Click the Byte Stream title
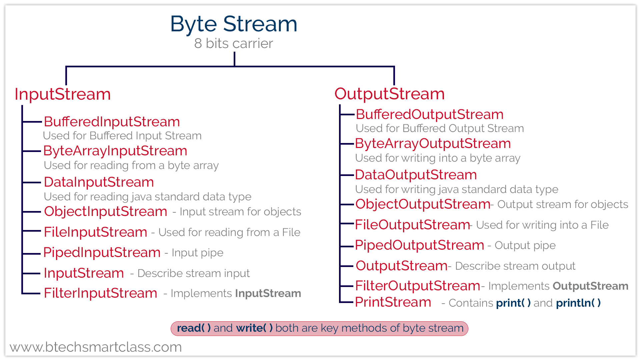(x=233, y=24)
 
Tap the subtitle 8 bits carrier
(x=233, y=44)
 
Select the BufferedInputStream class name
(x=112, y=122)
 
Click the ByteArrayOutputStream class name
(x=433, y=144)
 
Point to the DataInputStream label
(x=99, y=182)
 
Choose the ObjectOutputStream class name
(x=422, y=204)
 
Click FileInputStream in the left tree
(x=95, y=232)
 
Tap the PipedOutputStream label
(x=419, y=245)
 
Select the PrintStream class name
(x=393, y=302)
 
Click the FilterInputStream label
(x=100, y=293)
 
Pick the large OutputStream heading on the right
(x=389, y=94)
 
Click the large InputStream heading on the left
(x=63, y=94)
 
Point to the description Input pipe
(x=197, y=253)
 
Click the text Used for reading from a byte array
(x=131, y=165)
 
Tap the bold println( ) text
(x=578, y=303)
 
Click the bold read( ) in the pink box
(x=194, y=328)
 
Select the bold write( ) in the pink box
(x=254, y=328)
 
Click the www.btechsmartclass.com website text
(x=96, y=347)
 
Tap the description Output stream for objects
(x=562, y=204)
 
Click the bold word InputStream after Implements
(x=268, y=293)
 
